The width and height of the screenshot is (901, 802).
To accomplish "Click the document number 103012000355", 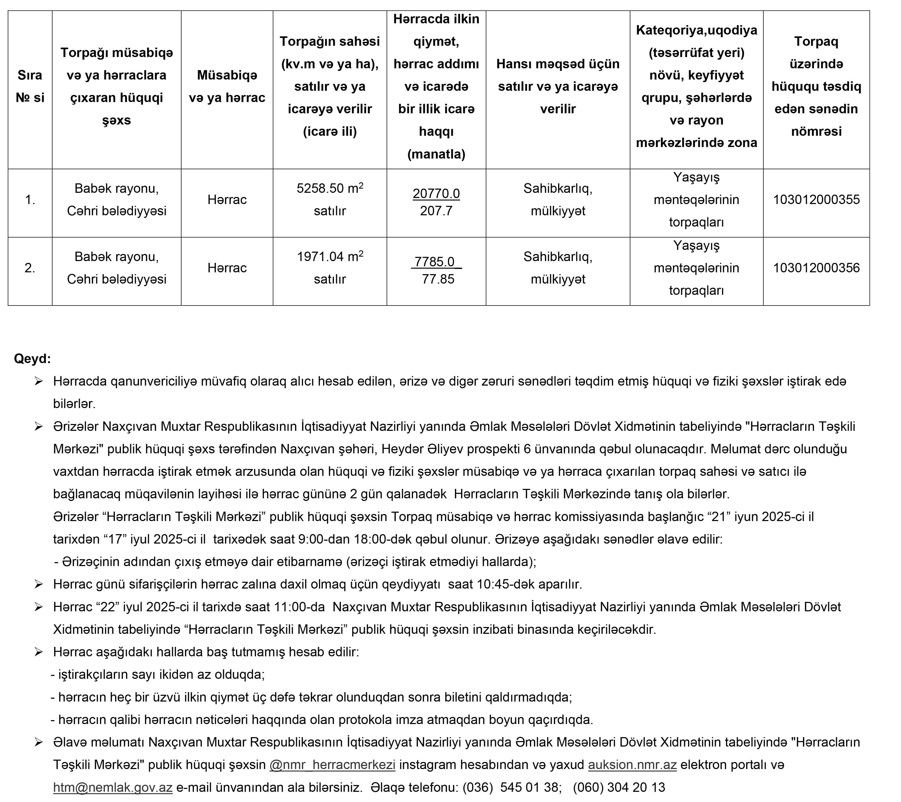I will [x=816, y=200].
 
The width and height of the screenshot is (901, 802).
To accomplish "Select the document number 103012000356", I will [x=816, y=268].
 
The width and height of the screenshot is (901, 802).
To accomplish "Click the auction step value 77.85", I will [x=438, y=279].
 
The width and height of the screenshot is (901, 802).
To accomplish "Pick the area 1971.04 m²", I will [x=330, y=256].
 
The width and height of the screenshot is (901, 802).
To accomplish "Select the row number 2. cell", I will [x=30, y=268].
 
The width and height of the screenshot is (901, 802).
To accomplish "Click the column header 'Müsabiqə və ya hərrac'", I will [x=227, y=86].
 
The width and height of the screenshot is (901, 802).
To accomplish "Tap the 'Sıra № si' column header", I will [x=30, y=86].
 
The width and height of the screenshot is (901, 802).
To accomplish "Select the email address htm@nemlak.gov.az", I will [x=113, y=787].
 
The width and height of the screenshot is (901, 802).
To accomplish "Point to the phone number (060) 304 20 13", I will [x=619, y=787].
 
